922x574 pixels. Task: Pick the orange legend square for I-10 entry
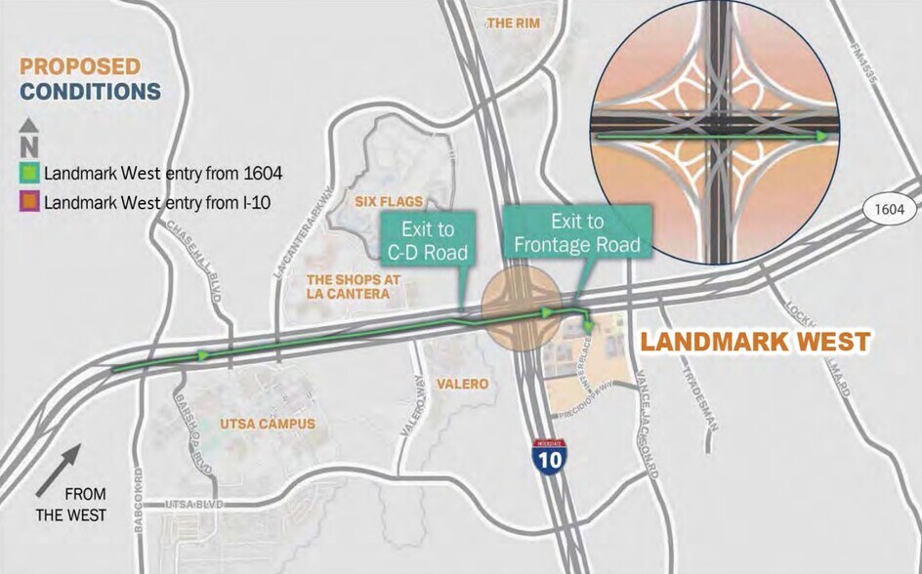coord(30,204)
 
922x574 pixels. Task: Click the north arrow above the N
coord(29,125)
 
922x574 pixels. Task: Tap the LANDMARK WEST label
coord(754,343)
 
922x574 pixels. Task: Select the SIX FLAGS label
coord(388,202)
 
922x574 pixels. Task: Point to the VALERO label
coord(462,385)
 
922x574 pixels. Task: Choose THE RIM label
coord(513,22)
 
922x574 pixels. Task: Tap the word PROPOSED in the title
coord(80,66)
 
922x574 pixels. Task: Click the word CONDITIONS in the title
coord(91,92)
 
